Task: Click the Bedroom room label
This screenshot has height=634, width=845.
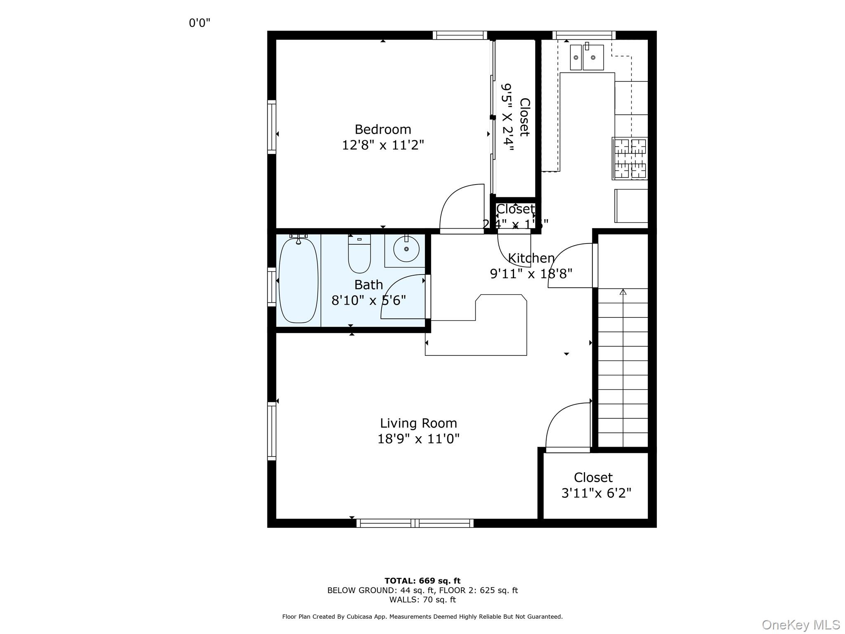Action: pos(382,130)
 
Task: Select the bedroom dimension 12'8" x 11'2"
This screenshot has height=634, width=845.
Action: pos(382,145)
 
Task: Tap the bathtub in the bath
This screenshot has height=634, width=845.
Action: pos(298,281)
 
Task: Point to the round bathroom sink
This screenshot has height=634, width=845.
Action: pos(406,249)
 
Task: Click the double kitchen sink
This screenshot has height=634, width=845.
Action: pos(587,57)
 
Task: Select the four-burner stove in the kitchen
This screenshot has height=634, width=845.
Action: pos(630,158)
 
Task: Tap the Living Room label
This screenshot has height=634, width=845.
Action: pos(418,423)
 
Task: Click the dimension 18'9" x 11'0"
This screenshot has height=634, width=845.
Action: pos(418,439)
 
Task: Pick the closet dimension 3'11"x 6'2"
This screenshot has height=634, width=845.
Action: pos(596,493)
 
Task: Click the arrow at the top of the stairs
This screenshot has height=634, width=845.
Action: pos(623,292)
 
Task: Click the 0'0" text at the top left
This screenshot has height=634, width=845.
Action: pos(199,23)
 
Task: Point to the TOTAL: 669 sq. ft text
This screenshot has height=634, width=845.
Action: pos(422,581)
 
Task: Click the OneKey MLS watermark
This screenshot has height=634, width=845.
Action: pos(800,625)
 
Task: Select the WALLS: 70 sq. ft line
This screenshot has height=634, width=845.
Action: pos(422,600)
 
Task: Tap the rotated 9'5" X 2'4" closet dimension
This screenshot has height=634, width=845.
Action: pos(507,118)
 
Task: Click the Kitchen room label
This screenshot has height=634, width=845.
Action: pos(531,258)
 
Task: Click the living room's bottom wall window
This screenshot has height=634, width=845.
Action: pos(415,523)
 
